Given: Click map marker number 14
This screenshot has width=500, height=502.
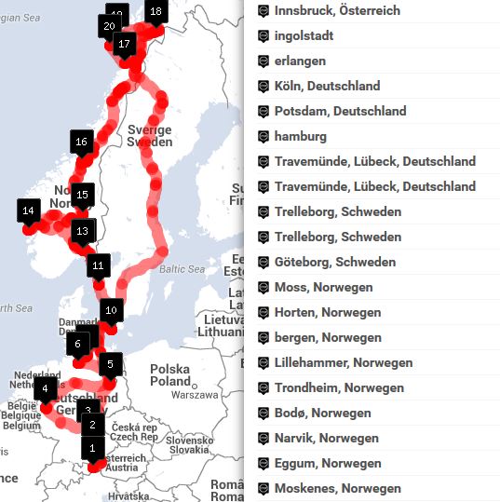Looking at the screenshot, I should coord(28,211).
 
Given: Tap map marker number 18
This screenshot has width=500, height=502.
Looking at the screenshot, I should coord(155,12).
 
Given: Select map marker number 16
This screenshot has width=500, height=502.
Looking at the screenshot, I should coord(82,142).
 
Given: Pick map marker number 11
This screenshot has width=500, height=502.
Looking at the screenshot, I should coord(99,266).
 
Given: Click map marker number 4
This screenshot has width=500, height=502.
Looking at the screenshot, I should coord(44,388).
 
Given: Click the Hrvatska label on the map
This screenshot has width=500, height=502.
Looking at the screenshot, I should coord(128,496).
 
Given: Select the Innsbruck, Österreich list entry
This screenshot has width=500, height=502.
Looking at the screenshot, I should coord(337,10).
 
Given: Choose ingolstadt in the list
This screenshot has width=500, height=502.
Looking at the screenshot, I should coord(304,35).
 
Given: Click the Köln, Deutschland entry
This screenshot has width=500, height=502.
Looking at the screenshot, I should coord(327,86).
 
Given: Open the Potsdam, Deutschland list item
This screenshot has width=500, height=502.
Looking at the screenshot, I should coord(340,111).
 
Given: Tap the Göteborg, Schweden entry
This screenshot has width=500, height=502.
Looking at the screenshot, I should coord(334,262).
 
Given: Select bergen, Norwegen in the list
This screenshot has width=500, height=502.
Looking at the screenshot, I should coord(328,337).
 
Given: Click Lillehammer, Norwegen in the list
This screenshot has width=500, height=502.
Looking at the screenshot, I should coord(344,362).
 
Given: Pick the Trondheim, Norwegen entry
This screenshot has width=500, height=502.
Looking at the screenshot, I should coord(339,387).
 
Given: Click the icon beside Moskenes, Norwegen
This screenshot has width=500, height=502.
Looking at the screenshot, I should coord(264,488).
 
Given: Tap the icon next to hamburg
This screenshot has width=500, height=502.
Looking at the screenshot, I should coord(264,136).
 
